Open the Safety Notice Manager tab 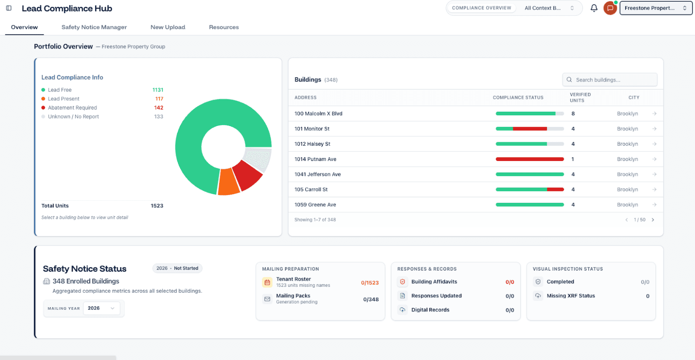[94, 27]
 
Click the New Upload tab [168, 27]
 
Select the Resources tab [224, 27]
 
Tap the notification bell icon [594, 8]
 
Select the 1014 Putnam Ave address [315, 159]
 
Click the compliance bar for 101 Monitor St [530, 129]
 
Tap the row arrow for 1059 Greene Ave [654, 205]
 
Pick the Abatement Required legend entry [72, 108]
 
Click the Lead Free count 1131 [158, 90]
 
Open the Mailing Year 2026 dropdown [101, 308]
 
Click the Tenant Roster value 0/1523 [369, 283]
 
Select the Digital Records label [430, 310]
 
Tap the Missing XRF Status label [571, 296]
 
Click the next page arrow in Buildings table [653, 220]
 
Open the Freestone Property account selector [655, 8]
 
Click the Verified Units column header [580, 97]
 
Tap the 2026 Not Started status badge [177, 268]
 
